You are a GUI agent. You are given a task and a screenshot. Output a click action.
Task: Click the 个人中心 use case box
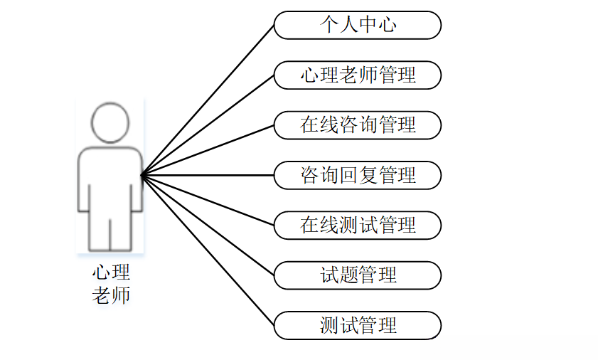coord(358,26)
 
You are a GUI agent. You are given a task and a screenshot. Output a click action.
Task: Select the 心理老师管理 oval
coord(358,75)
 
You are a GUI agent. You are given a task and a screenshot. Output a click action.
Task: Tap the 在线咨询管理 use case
coord(358,125)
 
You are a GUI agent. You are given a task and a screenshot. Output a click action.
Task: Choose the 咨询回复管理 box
coord(358,175)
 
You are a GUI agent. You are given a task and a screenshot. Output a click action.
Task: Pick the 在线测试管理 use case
coord(358,226)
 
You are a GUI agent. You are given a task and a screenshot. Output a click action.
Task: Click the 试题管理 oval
coord(358,275)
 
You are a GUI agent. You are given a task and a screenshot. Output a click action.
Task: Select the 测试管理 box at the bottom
coord(358,326)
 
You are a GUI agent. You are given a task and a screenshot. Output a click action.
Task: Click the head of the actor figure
coord(110,123)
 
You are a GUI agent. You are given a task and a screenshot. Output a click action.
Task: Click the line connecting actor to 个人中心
coord(208,100)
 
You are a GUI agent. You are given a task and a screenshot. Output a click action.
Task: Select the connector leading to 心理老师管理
coord(208,125)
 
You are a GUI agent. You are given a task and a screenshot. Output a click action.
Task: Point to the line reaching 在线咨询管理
coord(208,150)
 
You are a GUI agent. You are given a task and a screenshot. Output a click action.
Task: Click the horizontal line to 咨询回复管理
coord(208,175)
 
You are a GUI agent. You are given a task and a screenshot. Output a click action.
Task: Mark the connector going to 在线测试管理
coord(208,200)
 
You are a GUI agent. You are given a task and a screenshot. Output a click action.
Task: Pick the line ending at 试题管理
coord(208,225)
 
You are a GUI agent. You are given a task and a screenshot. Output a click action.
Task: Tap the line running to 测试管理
coord(208,250)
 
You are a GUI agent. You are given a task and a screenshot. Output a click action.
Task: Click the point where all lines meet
coord(142,175)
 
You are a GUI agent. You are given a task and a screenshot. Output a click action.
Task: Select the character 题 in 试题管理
coord(348,275)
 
